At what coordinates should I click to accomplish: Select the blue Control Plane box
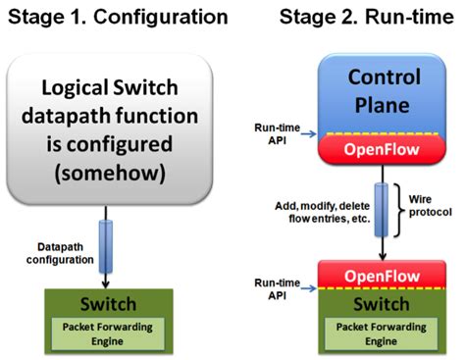(385, 90)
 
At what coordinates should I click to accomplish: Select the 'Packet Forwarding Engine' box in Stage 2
(385, 333)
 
